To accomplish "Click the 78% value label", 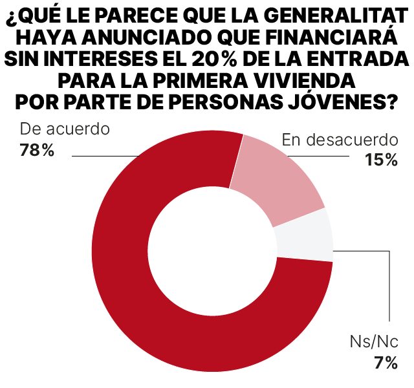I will (38, 151).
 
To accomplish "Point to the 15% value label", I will (381, 160).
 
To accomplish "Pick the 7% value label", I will (386, 363).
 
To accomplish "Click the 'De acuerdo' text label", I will (65, 128).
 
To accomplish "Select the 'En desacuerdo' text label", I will (340, 140).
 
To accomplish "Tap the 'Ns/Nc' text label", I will (374, 342).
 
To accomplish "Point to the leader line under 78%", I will (103, 156).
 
